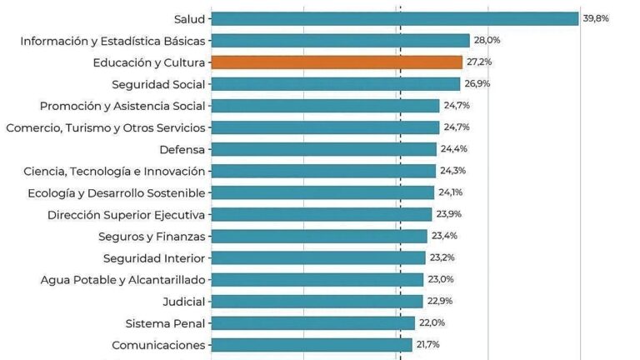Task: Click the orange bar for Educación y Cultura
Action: (337, 62)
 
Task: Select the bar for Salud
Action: (395, 19)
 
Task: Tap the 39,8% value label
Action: (596, 18)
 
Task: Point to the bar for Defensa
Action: (324, 149)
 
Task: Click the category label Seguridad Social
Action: (158, 84)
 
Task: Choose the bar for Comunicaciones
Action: (312, 345)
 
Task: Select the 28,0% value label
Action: (487, 40)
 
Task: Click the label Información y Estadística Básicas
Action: (112, 41)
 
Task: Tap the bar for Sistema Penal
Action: (313, 323)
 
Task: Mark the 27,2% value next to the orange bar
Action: (479, 62)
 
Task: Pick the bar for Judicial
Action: (317, 302)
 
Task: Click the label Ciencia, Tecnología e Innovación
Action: (114, 172)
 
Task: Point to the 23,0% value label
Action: (441, 279)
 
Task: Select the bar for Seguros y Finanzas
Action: (319, 237)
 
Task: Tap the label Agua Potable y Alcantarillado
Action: (122, 280)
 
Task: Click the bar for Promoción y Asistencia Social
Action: (325, 106)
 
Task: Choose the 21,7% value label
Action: (427, 344)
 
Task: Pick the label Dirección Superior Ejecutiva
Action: (126, 215)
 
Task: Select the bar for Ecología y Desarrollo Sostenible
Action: (322, 192)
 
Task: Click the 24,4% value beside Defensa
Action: (454, 148)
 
